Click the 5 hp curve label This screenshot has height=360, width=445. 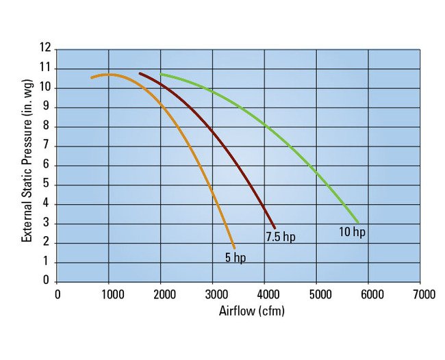235,258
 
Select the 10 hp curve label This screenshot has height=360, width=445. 353,232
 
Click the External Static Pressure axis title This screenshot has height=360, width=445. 27,164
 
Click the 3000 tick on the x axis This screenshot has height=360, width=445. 213,294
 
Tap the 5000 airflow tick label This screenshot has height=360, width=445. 317,294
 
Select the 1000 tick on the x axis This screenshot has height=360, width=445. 109,294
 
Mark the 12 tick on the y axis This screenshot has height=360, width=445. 46,49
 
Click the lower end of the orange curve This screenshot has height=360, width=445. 234,247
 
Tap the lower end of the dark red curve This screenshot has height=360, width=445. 275,227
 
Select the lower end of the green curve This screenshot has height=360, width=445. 358,222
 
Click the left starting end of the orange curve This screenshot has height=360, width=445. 92,77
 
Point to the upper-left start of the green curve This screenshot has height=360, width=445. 161,74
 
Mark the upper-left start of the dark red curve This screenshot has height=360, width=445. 140,73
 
